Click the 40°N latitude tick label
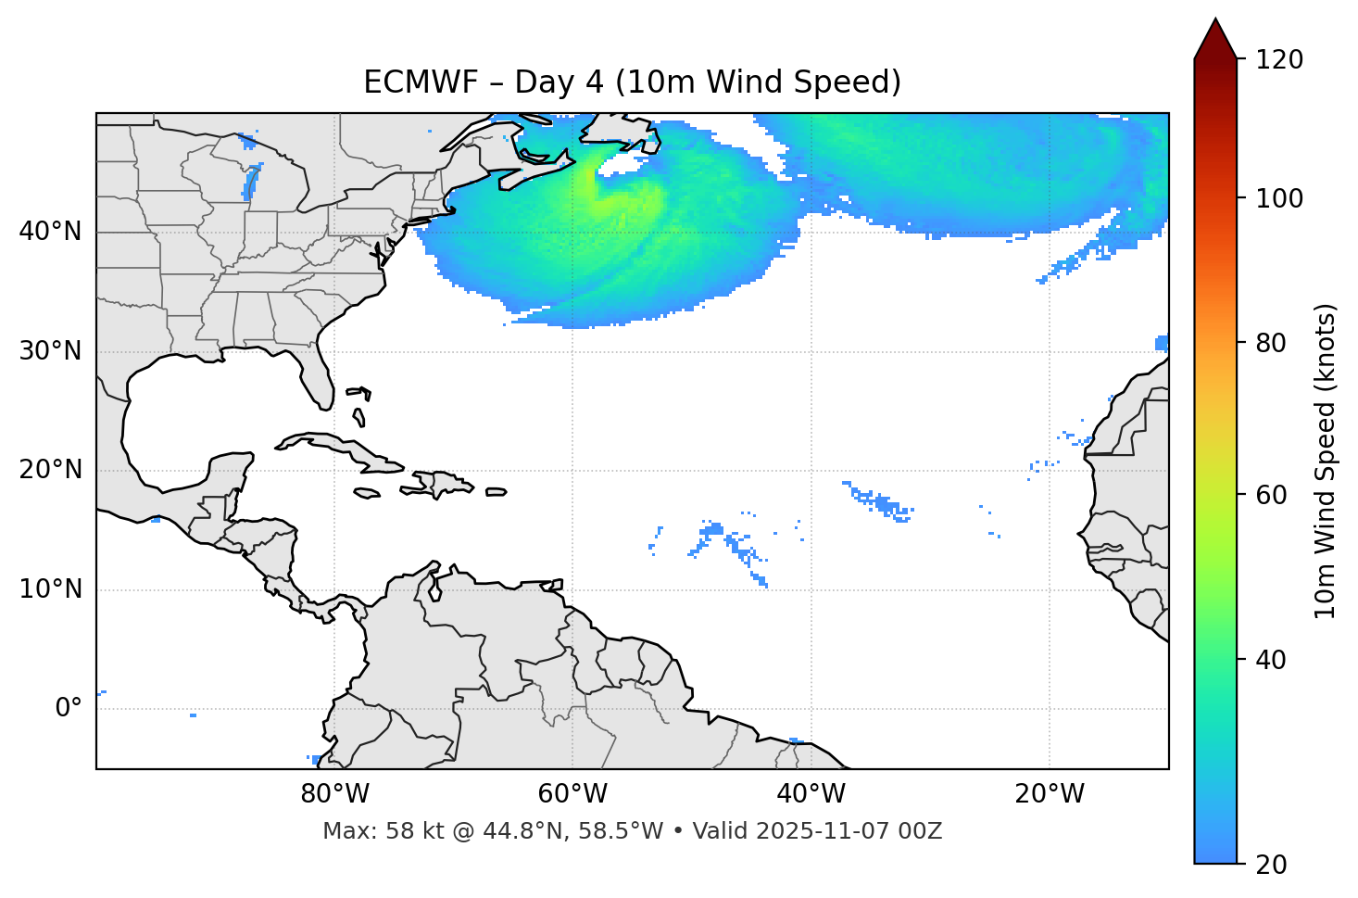click(x=50, y=232)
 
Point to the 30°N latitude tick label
click(x=50, y=351)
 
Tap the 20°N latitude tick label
click(x=50, y=470)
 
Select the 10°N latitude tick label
click(x=50, y=589)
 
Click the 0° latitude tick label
click(x=69, y=709)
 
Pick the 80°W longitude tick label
click(x=334, y=794)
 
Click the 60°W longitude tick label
click(x=572, y=794)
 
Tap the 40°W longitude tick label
click(x=811, y=794)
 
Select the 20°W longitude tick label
click(x=1050, y=794)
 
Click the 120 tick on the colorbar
click(x=1279, y=59)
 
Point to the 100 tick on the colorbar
click(x=1279, y=198)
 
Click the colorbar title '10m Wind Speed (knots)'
click(x=1325, y=461)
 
